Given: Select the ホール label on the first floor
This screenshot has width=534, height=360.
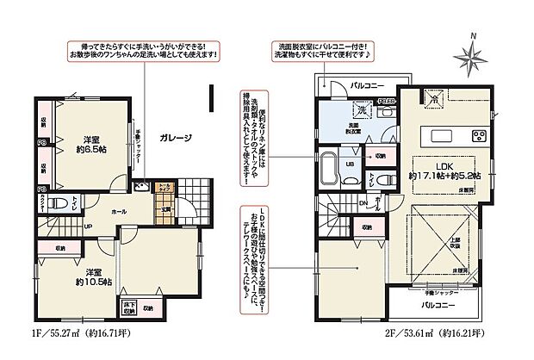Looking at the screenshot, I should tap(121, 209).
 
